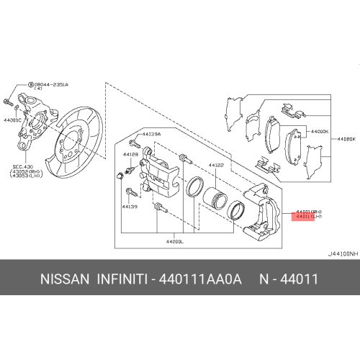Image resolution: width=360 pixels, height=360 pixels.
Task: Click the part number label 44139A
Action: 151,135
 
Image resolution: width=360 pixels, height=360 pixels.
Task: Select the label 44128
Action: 130,154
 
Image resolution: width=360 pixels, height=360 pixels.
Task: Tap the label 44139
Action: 130,207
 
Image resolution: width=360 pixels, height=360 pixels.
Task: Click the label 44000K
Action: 318,132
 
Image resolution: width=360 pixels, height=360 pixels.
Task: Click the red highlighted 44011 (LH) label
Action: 307,216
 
